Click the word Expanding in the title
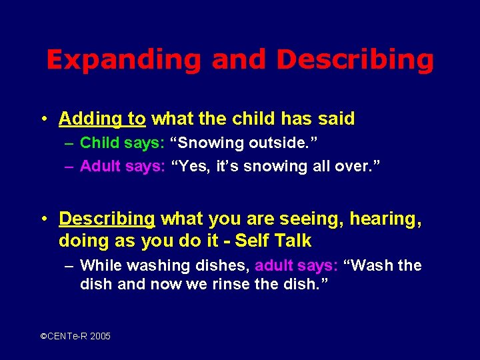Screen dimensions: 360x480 point(123,60)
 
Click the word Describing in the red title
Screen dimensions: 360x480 point(355,60)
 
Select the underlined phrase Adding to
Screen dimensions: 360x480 point(102,119)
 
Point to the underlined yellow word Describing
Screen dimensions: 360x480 point(107,219)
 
